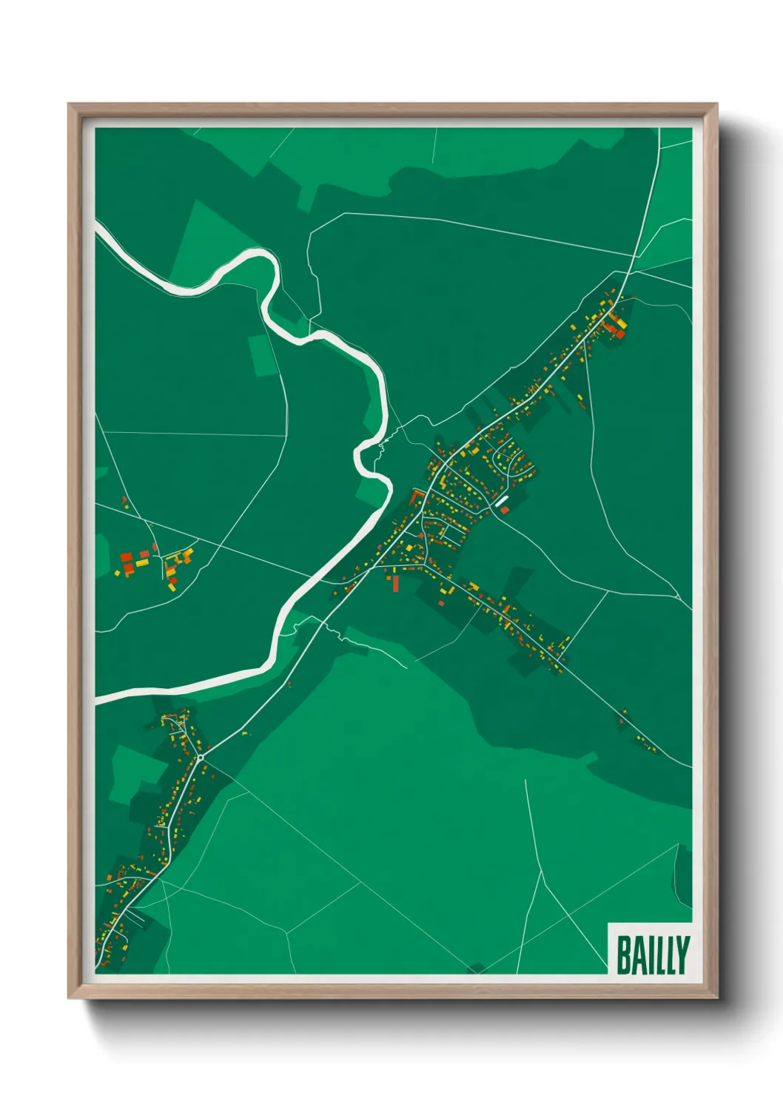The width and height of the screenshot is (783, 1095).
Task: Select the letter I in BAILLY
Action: [650, 955]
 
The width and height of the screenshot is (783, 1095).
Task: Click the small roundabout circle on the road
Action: [201, 758]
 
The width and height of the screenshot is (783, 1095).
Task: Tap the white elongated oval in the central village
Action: [502, 502]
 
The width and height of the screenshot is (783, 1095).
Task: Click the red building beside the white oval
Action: [505, 511]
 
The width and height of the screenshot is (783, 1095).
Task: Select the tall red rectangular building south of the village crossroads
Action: [395, 584]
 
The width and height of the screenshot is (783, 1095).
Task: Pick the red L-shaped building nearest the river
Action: [415, 496]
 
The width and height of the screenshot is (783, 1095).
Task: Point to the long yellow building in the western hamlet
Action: [141, 563]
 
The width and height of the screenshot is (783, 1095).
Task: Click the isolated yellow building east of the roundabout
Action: [244, 734]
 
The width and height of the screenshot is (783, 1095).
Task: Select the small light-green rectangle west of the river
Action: [261, 356]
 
